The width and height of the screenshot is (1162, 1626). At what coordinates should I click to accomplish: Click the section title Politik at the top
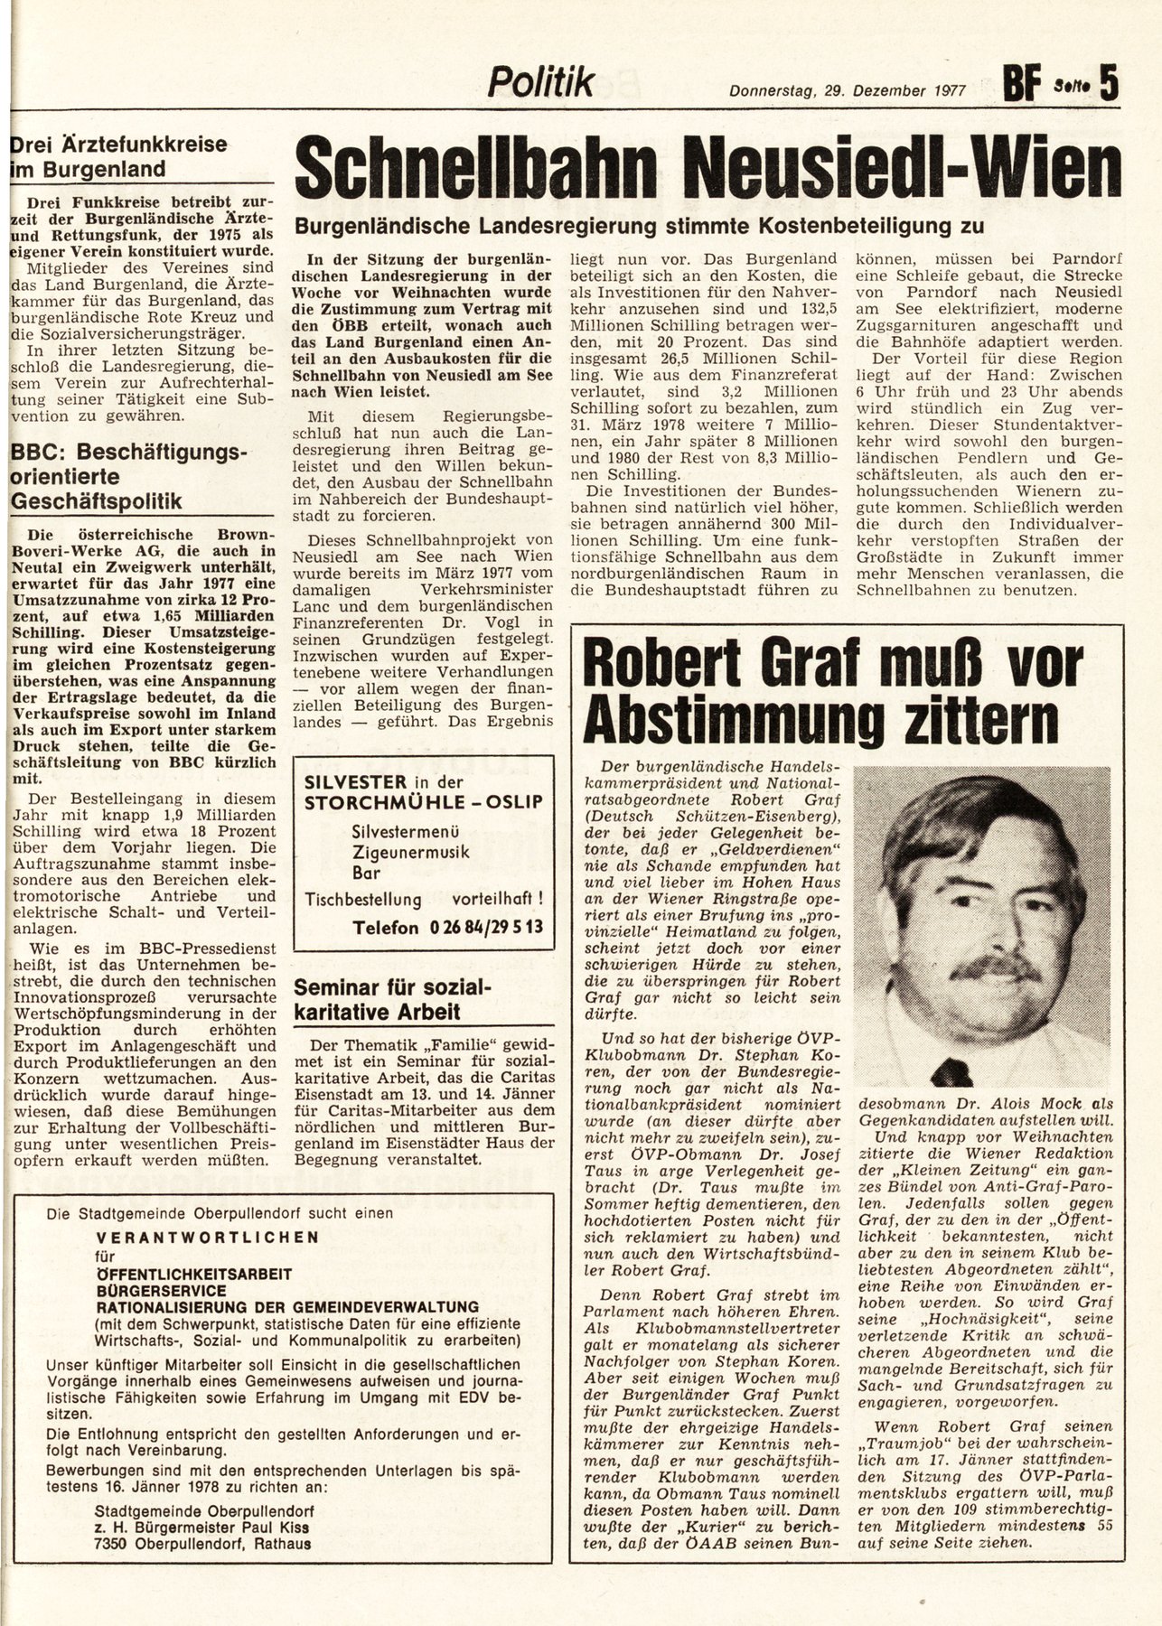[x=540, y=83]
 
